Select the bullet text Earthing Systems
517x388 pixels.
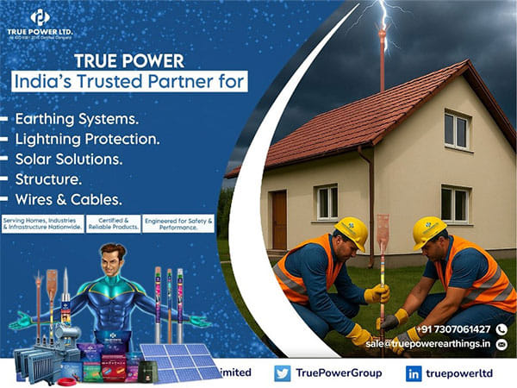77,117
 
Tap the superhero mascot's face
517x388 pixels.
108,258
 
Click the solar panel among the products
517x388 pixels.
184,360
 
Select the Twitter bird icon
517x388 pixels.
282,373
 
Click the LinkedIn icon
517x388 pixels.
413,373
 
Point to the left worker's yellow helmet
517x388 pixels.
352,232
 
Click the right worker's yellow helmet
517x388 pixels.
428,231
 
